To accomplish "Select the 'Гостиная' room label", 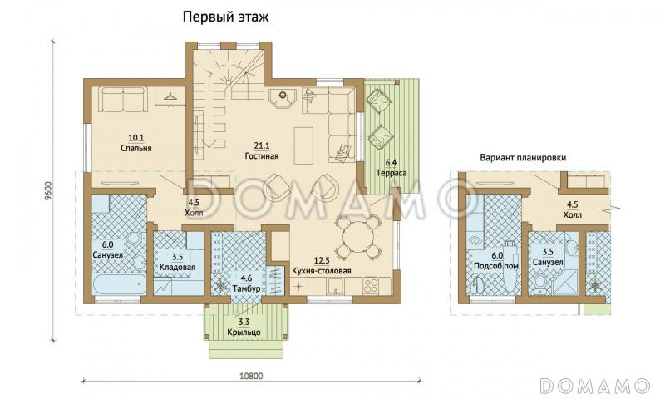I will (261, 155).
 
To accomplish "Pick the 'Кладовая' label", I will (176, 268).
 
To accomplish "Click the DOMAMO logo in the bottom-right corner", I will (594, 385).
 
